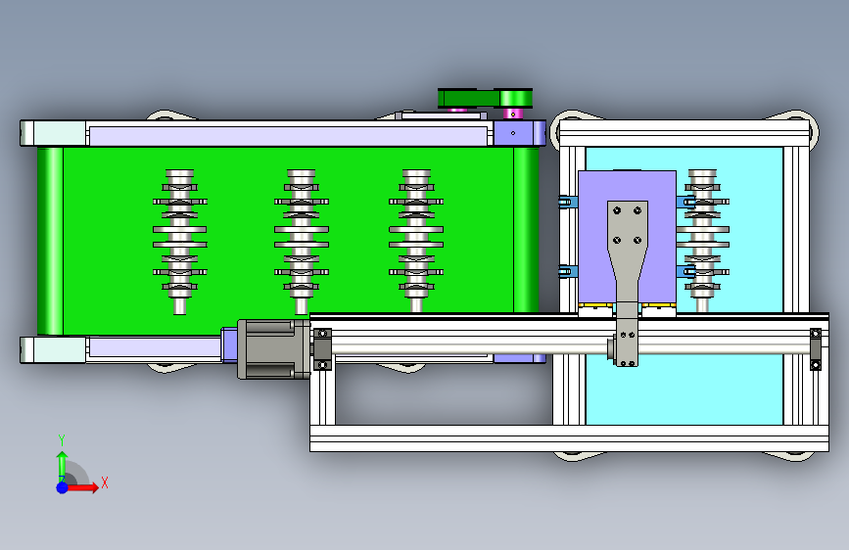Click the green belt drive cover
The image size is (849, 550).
coord(485,99)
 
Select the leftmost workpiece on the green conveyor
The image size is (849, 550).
coord(180,242)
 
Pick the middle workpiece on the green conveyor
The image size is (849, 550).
coord(301,242)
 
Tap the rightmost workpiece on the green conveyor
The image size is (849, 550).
coord(416,242)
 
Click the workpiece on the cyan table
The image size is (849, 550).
coord(703,242)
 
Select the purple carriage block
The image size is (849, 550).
coord(627,237)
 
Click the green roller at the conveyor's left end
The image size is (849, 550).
coord(50,241)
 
